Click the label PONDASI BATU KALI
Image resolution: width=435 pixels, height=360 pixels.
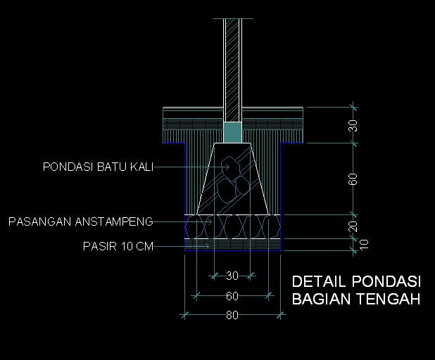[x=98, y=167]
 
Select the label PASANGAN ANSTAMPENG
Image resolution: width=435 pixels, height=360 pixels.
[x=81, y=222]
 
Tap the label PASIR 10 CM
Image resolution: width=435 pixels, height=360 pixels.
[x=118, y=246]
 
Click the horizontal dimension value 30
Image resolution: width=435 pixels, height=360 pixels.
[x=232, y=275]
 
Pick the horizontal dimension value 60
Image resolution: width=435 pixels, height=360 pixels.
[x=232, y=296]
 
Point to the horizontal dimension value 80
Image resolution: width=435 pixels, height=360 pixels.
[x=232, y=316]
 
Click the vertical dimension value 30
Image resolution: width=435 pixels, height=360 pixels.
[x=354, y=126]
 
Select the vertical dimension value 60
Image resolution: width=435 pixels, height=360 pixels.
[x=354, y=179]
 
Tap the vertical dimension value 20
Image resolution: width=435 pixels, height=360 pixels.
[x=354, y=226]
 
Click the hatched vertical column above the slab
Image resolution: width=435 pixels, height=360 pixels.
[x=232, y=63]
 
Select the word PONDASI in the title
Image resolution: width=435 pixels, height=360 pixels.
[x=384, y=281]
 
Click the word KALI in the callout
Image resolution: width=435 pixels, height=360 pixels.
[x=141, y=167]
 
